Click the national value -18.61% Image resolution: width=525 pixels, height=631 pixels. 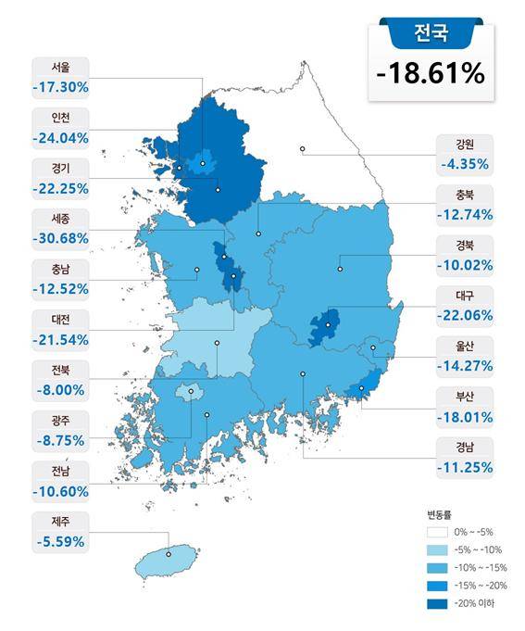coord(431,73)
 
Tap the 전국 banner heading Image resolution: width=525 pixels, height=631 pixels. coord(431,35)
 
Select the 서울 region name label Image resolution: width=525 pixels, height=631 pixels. coord(60,68)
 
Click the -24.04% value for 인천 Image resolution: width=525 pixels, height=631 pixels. coord(60,138)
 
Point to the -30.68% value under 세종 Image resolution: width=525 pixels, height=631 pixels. coord(60,238)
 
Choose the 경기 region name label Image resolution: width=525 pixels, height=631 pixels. coord(60,168)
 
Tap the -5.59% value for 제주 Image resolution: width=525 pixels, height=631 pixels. coord(60,540)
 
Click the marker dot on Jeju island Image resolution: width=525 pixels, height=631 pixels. coord(169,555)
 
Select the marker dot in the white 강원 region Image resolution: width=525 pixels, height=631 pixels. coord(302,148)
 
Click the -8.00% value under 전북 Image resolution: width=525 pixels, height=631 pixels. coord(60,389)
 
